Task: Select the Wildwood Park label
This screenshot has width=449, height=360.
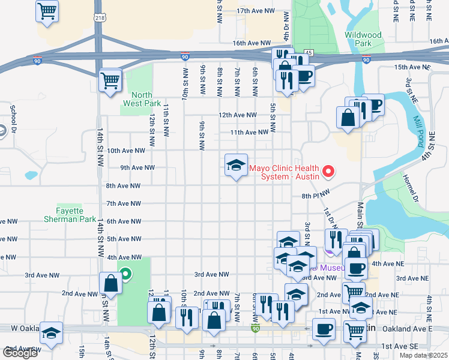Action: tap(363, 39)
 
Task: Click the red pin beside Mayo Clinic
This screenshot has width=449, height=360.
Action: tap(328, 172)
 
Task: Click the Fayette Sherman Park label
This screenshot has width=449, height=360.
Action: tap(77, 215)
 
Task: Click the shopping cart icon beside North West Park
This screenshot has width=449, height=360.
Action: tap(110, 80)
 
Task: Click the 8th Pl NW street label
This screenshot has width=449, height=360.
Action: tap(316, 196)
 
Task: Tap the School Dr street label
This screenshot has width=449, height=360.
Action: tap(13, 114)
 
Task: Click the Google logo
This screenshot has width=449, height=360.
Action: tap(20, 353)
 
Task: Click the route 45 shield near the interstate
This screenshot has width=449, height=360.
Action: tap(308, 53)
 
